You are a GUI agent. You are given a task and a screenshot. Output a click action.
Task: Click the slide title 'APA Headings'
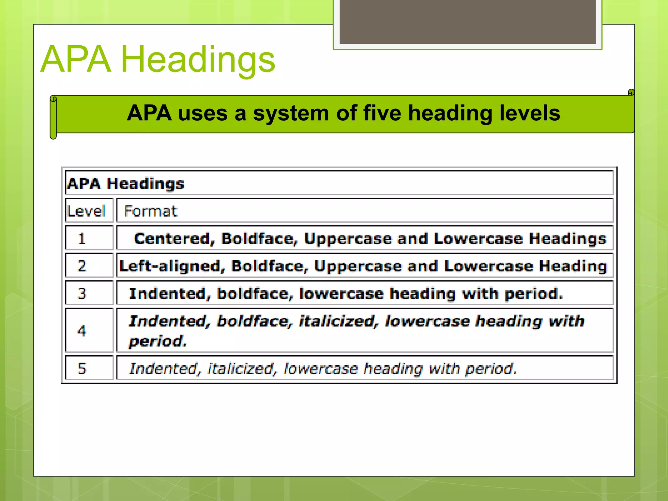tap(158, 59)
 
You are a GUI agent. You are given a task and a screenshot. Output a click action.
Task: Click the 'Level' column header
tap(86, 211)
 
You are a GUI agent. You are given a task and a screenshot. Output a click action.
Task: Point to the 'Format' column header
tap(151, 211)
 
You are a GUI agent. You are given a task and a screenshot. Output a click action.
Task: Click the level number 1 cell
tap(82, 238)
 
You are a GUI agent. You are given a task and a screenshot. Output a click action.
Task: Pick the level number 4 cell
tap(82, 331)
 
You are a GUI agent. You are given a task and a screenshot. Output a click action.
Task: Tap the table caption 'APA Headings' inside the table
tap(126, 184)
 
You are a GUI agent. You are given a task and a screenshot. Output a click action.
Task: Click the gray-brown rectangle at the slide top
tap(467, 22)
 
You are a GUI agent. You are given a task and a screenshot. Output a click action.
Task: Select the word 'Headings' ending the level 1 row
tap(568, 239)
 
